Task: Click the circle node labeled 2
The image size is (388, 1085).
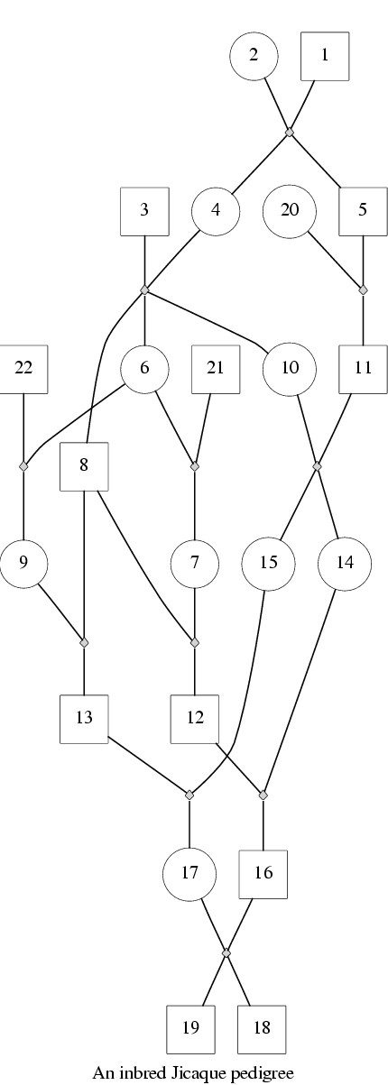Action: [253, 55]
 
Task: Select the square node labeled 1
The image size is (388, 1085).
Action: [326, 55]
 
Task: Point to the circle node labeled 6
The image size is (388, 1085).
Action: [144, 369]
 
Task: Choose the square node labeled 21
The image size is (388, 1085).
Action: [217, 369]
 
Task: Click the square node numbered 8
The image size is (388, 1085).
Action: [84, 466]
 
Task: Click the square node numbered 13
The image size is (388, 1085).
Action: [84, 719]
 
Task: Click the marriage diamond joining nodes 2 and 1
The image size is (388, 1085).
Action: [290, 133]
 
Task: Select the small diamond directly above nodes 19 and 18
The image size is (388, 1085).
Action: [226, 952]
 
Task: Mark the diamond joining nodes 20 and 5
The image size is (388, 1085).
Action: [364, 290]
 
